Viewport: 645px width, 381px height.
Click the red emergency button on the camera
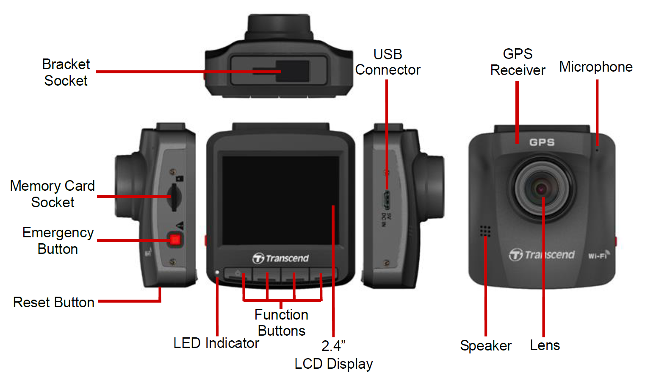(x=175, y=239)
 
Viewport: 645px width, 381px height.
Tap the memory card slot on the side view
(x=174, y=197)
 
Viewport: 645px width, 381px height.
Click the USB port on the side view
(x=387, y=200)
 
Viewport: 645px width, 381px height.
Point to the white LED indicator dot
(x=217, y=272)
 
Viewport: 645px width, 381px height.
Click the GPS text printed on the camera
(x=542, y=142)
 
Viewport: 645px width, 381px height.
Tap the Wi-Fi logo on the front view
(x=599, y=255)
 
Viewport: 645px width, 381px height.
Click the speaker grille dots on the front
(x=485, y=231)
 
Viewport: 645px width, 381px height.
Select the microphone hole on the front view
(x=597, y=150)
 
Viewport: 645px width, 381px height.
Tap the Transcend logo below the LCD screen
(x=281, y=258)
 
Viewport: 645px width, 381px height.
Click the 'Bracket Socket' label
(x=66, y=72)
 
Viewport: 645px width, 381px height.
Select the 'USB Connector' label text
(x=388, y=62)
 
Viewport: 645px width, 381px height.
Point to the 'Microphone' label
(x=596, y=67)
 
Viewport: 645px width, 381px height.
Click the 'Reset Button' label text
(x=54, y=302)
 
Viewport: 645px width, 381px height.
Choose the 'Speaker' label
(x=486, y=345)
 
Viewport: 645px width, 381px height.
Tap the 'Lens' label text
(x=545, y=345)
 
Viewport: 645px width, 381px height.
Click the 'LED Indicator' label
(x=216, y=343)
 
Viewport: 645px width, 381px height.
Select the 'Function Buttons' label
(x=281, y=323)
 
